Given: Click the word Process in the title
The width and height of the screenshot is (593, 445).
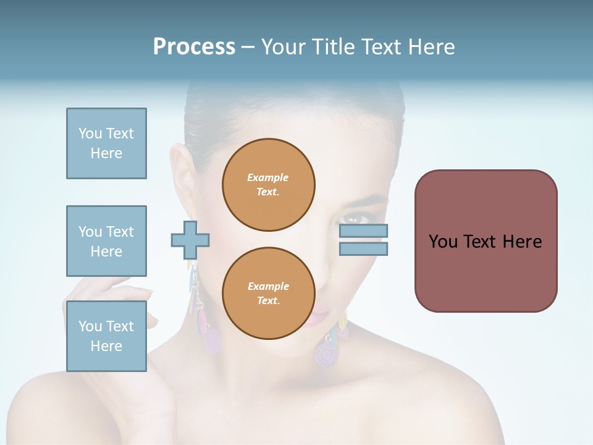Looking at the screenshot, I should pos(194,47).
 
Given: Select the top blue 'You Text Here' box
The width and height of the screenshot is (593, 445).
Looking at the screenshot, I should pos(106,143).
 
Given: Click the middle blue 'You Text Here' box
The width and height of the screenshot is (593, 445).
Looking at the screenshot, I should pos(106,241).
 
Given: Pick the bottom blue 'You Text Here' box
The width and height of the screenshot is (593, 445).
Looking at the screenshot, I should pos(106,336).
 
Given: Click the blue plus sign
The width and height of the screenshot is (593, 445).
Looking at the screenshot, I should pos(190,239).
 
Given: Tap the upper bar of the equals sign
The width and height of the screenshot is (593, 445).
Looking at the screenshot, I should pos(363,231).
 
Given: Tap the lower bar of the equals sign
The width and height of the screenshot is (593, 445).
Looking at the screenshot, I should pos(363,248).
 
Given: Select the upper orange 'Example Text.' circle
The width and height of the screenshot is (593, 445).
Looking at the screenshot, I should pos(268,184).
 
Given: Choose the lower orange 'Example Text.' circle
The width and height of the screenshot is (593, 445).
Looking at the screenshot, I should pos(268,294).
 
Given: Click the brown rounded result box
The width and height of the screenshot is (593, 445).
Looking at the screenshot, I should pos(486,241).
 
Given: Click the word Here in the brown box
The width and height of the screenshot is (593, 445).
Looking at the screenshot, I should pos(522,242).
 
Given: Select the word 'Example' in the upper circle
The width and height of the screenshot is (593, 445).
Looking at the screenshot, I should pos(268,177).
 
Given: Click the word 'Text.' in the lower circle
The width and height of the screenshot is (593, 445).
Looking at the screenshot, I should pos(268,300).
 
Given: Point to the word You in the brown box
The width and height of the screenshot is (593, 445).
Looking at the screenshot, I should pos(443,242).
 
